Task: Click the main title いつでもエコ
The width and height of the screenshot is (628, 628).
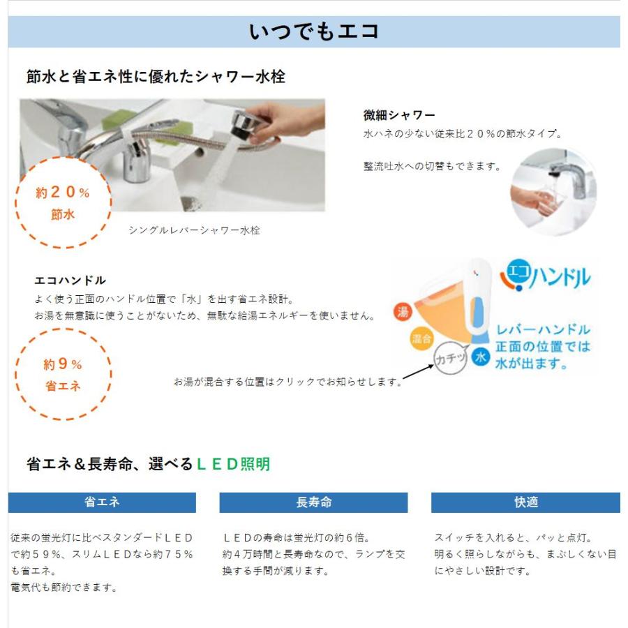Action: (313, 31)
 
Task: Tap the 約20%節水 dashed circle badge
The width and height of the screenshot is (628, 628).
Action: (63, 202)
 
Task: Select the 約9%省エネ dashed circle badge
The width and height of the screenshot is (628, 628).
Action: (63, 374)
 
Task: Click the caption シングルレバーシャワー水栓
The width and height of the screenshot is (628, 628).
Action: (194, 230)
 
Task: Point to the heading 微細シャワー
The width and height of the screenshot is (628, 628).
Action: (398, 114)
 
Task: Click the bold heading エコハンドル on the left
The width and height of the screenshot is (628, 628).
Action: (70, 281)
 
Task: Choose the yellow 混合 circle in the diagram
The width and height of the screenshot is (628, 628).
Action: (419, 339)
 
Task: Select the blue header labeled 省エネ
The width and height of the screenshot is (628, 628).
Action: (102, 502)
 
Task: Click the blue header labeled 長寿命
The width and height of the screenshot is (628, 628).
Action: (313, 502)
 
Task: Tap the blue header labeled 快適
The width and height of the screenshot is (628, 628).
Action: (525, 502)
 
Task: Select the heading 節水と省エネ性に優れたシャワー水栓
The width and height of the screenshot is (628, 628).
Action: (156, 77)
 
